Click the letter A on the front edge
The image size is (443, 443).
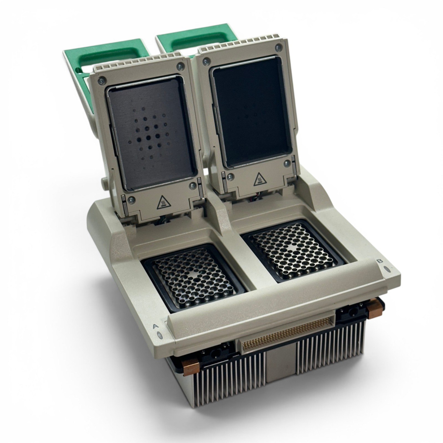(156, 326)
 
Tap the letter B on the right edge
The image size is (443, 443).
(380, 261)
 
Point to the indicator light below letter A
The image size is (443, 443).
(160, 336)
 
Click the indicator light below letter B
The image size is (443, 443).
(387, 269)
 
